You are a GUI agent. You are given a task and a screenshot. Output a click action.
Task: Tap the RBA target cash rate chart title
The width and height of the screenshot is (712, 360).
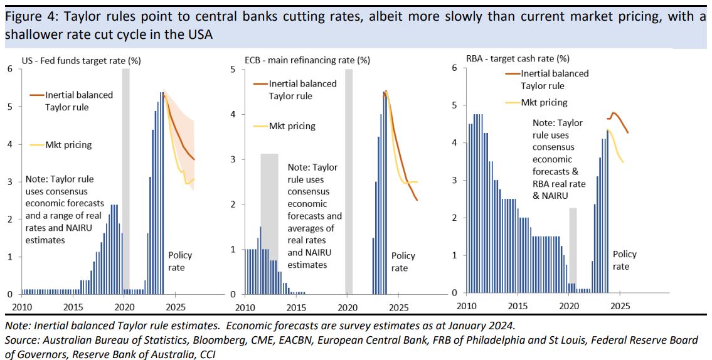(518, 59)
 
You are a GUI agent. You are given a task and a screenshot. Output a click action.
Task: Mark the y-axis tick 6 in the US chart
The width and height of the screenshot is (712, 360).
(9, 69)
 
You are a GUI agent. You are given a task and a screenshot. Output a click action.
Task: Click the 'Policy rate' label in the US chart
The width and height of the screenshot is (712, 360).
(180, 261)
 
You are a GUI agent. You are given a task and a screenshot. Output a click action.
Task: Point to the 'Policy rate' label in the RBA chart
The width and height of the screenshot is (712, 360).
(624, 260)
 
